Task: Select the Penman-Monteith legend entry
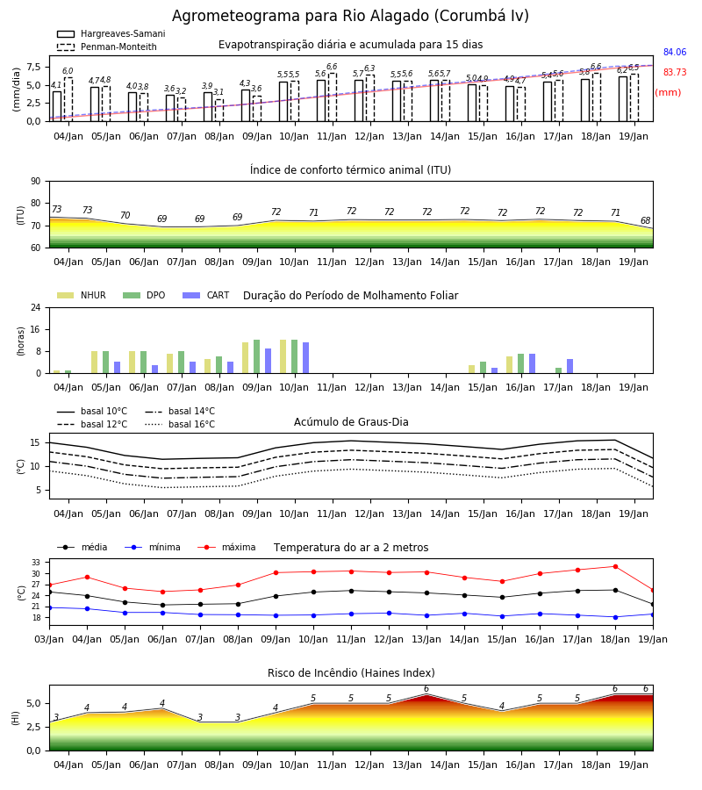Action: [107, 47]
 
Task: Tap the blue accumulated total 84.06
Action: [674, 52]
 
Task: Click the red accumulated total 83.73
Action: [674, 72]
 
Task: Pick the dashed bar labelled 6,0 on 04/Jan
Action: [68, 99]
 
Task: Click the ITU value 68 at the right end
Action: [645, 220]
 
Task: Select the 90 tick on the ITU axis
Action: [35, 182]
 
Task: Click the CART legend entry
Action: [206, 295]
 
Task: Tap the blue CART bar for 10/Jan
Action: [305, 358]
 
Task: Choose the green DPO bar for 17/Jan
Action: [558, 370]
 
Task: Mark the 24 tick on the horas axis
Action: [36, 307]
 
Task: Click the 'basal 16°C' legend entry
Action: [180, 424]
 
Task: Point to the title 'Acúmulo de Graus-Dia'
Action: [351, 421]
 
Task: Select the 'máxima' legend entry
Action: [226, 547]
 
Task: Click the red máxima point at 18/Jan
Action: [615, 566]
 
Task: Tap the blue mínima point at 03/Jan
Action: [49, 607]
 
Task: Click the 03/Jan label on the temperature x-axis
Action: [49, 639]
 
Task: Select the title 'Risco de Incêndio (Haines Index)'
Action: [351, 673]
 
